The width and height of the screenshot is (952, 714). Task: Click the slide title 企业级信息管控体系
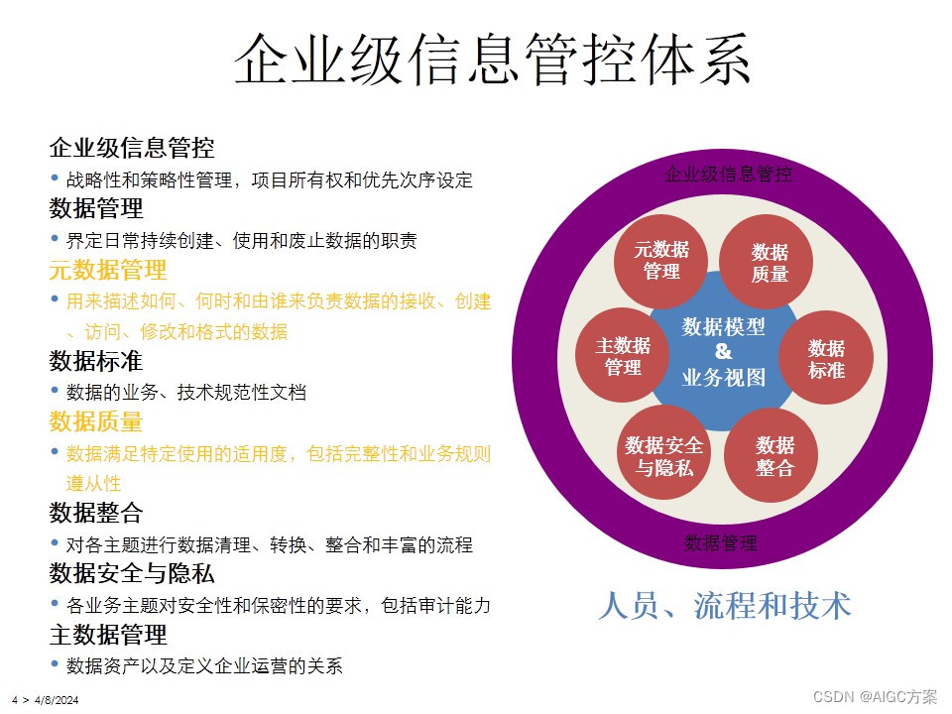(492, 59)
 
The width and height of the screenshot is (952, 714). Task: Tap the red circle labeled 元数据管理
(661, 260)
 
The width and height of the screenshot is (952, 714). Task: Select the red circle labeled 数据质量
(769, 263)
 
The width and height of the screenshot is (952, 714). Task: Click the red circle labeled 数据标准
(825, 358)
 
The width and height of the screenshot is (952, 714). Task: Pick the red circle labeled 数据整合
(774, 455)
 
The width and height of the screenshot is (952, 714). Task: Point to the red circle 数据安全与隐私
(663, 455)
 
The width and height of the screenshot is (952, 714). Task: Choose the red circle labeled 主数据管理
(623, 356)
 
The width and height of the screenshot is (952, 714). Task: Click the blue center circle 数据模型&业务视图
(724, 352)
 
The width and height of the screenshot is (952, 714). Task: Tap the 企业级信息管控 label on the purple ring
(727, 176)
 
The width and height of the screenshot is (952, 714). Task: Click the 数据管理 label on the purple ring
(721, 543)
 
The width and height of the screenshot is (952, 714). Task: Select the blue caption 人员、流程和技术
(724, 604)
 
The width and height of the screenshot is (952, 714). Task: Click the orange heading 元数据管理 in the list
(108, 270)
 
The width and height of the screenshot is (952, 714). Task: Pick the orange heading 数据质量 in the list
(96, 421)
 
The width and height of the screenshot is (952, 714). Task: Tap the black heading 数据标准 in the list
(96, 361)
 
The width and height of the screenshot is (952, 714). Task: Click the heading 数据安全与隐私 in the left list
(132, 573)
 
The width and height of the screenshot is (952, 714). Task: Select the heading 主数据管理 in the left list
(108, 634)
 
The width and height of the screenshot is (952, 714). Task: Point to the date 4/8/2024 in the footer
(57, 700)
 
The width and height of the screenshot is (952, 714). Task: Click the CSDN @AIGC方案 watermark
(875, 696)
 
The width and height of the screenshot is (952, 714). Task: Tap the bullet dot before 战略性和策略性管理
(55, 178)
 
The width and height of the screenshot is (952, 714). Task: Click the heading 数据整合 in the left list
(96, 513)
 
